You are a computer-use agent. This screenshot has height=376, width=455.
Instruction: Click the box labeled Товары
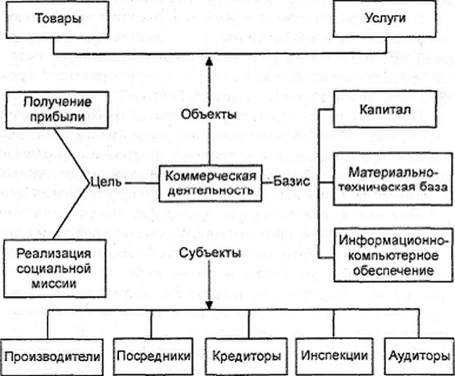[x=57, y=19]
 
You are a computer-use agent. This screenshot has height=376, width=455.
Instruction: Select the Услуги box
[x=385, y=19]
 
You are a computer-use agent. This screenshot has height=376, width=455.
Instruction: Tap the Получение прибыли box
[x=57, y=110]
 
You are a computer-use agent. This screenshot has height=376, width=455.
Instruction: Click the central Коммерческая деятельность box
[x=211, y=183]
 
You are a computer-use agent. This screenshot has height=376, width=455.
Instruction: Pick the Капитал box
[x=385, y=109]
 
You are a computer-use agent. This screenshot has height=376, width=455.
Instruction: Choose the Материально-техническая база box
[x=393, y=179]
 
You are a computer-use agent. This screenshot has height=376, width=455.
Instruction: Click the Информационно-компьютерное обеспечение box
[x=393, y=255]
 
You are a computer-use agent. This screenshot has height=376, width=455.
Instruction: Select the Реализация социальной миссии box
[x=55, y=268]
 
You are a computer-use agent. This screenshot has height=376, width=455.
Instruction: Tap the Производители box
[x=52, y=357]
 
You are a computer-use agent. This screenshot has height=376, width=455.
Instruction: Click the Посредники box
[x=153, y=356]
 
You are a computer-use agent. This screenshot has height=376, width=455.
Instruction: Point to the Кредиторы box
[x=247, y=356]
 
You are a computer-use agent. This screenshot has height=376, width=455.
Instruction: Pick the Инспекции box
[x=334, y=356]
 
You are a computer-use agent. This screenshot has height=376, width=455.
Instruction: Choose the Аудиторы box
[x=419, y=356]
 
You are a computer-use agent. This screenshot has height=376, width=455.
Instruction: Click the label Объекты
[x=208, y=114]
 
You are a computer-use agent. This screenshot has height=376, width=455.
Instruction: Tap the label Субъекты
[x=210, y=253]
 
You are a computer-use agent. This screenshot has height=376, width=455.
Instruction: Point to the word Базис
[x=291, y=182]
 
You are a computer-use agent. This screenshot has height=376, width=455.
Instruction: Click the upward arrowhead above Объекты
[x=209, y=62]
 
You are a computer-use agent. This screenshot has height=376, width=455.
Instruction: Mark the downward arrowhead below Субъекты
[x=209, y=305]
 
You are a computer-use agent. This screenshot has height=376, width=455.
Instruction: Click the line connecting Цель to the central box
[x=142, y=183]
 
